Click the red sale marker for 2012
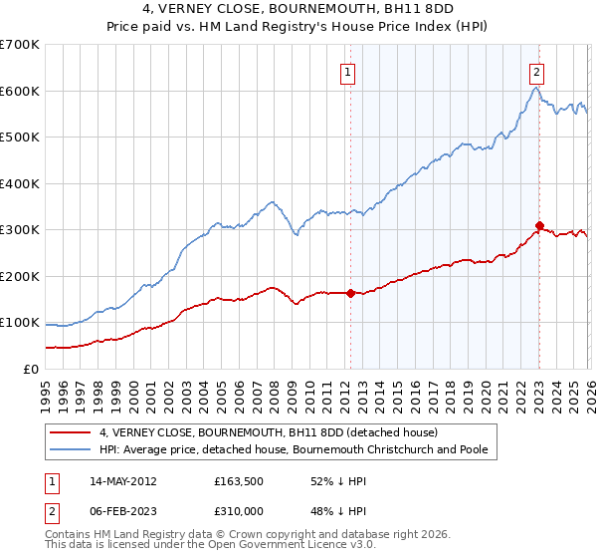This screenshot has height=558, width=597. (350, 293)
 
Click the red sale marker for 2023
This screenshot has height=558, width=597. (539, 225)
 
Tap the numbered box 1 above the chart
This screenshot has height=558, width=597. (348, 71)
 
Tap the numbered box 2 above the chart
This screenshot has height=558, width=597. (537, 71)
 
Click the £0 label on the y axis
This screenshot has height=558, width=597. (30, 369)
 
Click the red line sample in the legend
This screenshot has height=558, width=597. (71, 433)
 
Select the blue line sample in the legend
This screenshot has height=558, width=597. (71, 450)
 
